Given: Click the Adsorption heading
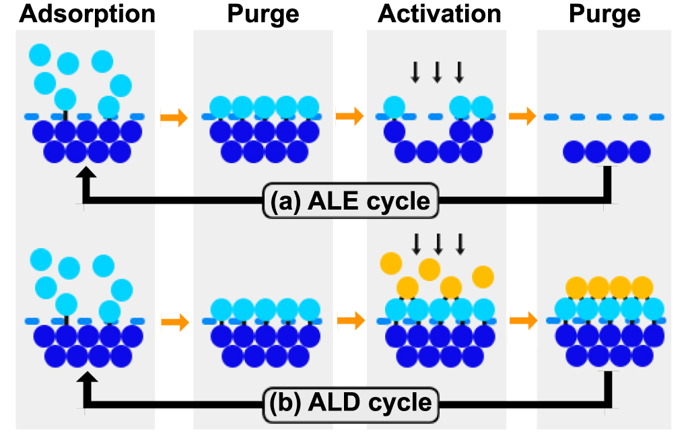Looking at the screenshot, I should (x=88, y=14).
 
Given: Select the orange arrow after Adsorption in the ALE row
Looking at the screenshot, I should (x=174, y=118).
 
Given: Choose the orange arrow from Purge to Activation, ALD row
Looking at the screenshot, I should (x=349, y=321).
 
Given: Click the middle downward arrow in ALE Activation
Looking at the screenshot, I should (x=437, y=71).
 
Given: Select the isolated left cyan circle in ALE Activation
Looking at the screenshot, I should (x=394, y=106).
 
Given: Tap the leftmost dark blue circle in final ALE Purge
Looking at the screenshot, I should (x=575, y=152).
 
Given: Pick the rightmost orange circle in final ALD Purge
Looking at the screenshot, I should (x=642, y=288).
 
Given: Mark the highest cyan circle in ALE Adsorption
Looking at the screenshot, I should (x=40, y=54).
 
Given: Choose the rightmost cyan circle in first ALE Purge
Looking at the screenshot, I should (x=308, y=106).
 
